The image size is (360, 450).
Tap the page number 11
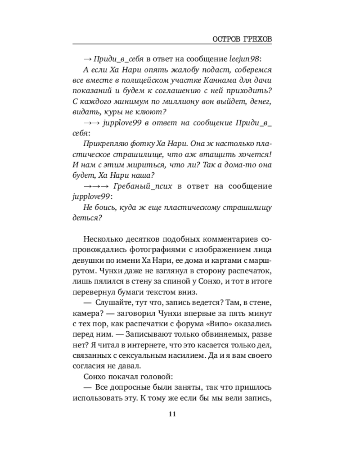click(172, 414)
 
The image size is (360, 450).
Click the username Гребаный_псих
click(144, 186)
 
